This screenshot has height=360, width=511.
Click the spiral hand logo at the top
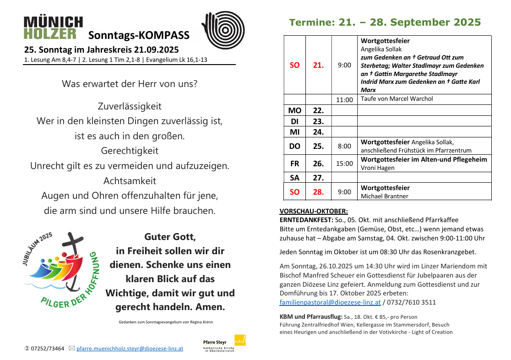pos(223,30)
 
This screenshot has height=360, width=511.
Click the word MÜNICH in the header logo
pos(53,22)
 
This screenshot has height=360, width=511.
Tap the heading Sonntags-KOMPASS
pos(139,35)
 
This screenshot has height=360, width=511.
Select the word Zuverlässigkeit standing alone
pos(130,106)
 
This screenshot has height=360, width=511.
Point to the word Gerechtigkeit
pos(130,151)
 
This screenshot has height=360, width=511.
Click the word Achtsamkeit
pos(130,180)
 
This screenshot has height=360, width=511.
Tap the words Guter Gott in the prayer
pos(170,237)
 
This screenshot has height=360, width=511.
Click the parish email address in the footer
pos(130,349)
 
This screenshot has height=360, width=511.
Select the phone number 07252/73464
pos(47,349)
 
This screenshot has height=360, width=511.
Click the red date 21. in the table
pos(318,65)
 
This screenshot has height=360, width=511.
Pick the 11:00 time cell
pos(344,99)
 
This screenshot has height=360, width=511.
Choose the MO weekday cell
pos(294,110)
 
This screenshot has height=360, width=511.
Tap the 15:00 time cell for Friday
pos(344,163)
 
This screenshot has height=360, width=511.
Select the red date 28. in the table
pos(318,192)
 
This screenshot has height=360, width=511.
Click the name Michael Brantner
pos(385,196)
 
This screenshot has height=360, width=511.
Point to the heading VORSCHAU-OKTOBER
pos(314,211)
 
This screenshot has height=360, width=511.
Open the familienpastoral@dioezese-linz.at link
pos(330,302)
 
